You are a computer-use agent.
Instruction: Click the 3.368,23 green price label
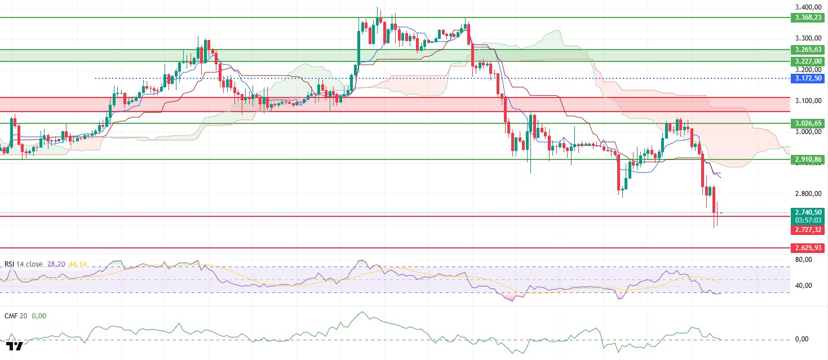[x=808, y=17]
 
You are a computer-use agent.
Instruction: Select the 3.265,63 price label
[x=808, y=50]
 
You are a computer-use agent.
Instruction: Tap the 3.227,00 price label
[x=808, y=61]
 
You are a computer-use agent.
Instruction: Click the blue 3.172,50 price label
[x=808, y=78]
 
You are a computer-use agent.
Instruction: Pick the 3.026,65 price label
[x=808, y=123]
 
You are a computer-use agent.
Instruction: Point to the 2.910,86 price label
[x=808, y=159]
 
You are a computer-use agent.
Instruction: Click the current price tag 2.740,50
[x=808, y=212]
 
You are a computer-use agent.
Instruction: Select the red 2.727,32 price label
[x=808, y=230]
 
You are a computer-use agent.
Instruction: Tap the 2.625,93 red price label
[x=808, y=247]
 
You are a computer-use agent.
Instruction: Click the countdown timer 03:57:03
[x=808, y=220]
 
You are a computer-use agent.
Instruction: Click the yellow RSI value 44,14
[x=78, y=264]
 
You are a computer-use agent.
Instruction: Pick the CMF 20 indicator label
[x=15, y=316]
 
